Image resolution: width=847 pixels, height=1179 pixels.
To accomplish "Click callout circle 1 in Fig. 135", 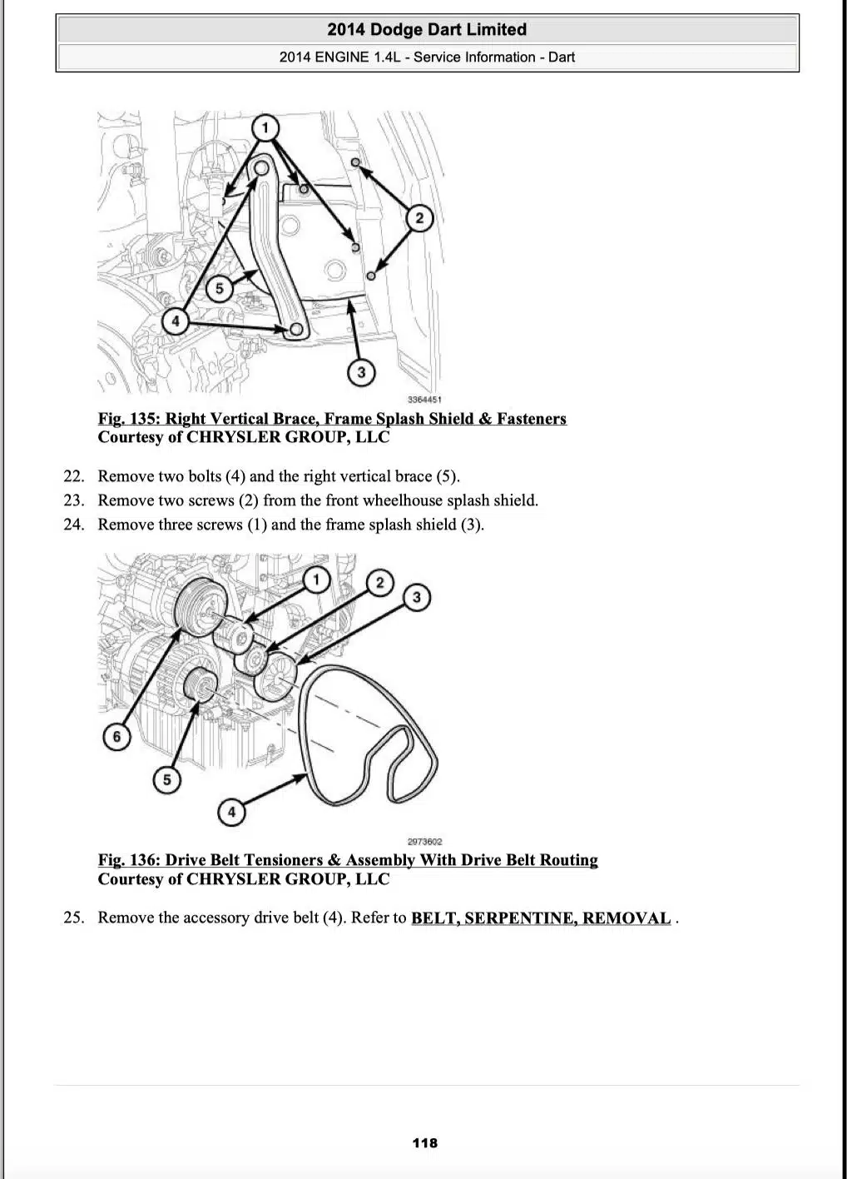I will [x=265, y=127].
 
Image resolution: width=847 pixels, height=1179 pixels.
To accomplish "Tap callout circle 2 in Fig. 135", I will [x=419, y=218].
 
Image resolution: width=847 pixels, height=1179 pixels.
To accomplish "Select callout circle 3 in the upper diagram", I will [x=360, y=371].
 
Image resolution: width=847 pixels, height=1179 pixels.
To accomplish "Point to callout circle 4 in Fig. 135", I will [x=176, y=321].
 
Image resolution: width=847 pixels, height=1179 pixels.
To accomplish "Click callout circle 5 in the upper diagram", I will [x=219, y=289].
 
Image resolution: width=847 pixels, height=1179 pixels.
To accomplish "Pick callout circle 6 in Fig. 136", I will [x=116, y=736].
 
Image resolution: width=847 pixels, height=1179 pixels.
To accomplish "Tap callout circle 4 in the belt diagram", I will [x=231, y=812].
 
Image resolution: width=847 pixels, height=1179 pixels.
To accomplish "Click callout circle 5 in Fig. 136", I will [x=167, y=779].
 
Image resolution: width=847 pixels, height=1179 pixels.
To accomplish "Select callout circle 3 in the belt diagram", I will [x=417, y=597].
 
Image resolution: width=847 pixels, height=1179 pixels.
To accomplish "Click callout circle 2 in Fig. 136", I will [x=379, y=582].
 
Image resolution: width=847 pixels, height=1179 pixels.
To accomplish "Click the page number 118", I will [x=424, y=1142].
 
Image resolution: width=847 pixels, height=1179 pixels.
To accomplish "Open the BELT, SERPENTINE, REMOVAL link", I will [x=541, y=918].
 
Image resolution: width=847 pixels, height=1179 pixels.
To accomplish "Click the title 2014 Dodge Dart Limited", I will [x=427, y=30].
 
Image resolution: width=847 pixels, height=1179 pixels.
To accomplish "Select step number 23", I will [x=74, y=500].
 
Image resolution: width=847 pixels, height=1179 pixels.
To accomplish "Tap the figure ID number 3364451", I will [x=424, y=400].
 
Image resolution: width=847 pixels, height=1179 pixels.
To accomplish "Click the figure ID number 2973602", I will [x=425, y=842].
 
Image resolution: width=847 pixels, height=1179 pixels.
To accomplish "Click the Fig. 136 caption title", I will [x=348, y=860].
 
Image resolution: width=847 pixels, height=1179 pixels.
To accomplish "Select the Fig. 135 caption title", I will [x=332, y=419].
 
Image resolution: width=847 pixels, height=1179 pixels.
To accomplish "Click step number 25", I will [x=74, y=918].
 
